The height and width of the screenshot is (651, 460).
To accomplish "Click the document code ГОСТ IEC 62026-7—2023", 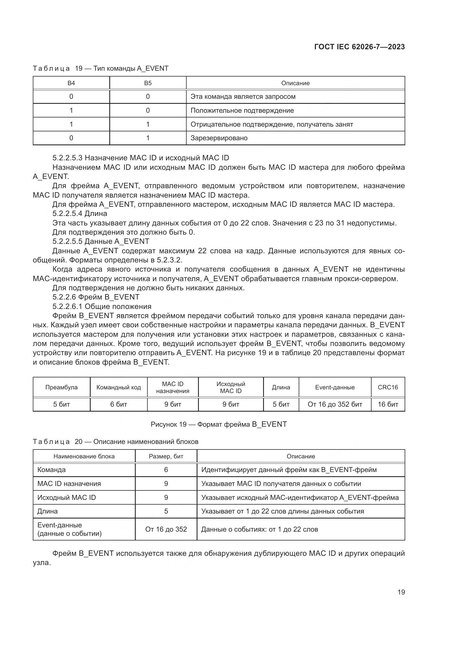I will point(359,47).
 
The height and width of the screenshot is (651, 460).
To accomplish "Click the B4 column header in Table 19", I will point(71,83).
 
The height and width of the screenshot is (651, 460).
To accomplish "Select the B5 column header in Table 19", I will point(148,83).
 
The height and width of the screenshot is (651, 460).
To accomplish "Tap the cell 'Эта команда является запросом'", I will point(243,97).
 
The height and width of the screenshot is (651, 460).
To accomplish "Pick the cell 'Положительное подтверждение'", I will point(242,110).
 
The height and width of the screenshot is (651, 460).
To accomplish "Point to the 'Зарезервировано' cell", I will point(219,138).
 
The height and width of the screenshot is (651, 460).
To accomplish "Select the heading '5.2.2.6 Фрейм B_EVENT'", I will point(96,297).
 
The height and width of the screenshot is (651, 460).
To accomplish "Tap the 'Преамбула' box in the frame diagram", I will point(61,387).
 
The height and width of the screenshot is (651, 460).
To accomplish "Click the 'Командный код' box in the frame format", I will point(119,387).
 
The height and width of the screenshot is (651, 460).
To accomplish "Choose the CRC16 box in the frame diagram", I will point(388,387).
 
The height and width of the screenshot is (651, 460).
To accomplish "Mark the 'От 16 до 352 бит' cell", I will point(335,404).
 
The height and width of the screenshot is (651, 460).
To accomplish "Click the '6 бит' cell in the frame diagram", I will point(119,404).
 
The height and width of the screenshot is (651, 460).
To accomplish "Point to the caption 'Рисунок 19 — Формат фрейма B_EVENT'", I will point(219,424).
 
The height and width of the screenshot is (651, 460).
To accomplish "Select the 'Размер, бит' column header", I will point(166,456).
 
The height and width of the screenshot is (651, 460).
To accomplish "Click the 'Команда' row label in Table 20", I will point(51,470).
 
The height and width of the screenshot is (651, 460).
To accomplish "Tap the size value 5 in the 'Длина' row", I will point(166,511).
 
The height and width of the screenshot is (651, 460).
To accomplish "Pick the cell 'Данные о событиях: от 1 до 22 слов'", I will point(259,529).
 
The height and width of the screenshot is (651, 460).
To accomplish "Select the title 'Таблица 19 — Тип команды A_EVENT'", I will point(101,68).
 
